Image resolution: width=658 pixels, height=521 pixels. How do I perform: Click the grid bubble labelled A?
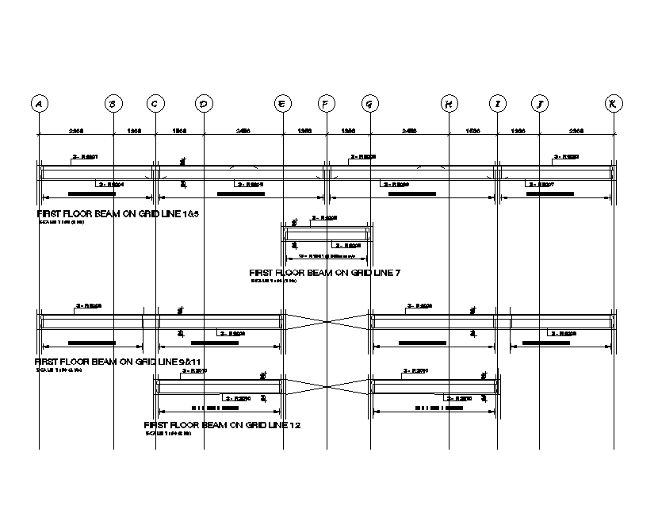click(x=38, y=104)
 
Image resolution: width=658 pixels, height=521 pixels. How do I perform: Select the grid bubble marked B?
click(x=113, y=104)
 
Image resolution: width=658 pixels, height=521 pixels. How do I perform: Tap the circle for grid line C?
click(x=155, y=104)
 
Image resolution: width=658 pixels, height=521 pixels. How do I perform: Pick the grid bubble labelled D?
click(x=204, y=104)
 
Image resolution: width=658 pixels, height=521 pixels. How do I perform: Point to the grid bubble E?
click(x=283, y=104)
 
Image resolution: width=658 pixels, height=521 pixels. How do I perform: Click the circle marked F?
click(x=326, y=104)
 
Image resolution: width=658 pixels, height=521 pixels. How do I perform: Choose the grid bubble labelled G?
click(x=369, y=104)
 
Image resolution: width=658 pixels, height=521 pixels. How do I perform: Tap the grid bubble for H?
click(x=449, y=104)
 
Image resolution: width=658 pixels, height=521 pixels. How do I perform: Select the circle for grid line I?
click(x=497, y=104)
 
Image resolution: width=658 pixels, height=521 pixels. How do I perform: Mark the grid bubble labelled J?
click(x=539, y=104)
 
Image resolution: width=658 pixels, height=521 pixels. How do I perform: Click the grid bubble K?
click(x=614, y=104)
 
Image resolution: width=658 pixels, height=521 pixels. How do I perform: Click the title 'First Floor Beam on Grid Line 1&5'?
click(x=117, y=214)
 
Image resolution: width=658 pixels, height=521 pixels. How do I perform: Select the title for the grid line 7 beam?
click(x=325, y=273)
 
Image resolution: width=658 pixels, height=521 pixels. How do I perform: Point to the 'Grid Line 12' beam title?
click(x=222, y=426)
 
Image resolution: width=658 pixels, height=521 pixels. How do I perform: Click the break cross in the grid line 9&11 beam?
click(x=327, y=320)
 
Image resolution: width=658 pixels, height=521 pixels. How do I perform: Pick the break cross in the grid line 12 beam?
click(x=327, y=386)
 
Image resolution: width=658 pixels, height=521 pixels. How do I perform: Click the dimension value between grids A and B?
click(x=76, y=130)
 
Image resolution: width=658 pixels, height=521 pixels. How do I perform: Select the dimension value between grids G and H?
click(x=409, y=130)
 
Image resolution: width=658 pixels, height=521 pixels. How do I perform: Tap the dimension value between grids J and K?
click(x=576, y=130)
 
